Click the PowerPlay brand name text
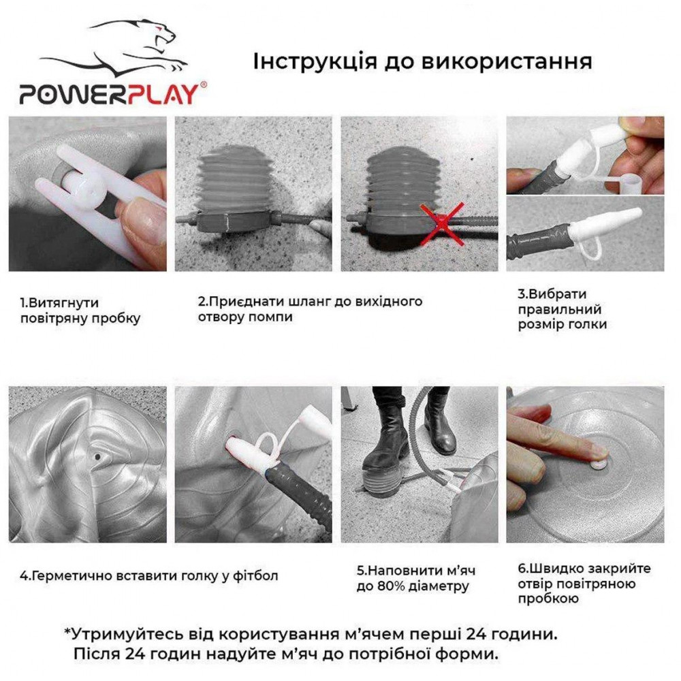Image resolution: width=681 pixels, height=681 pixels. [x=112, y=94]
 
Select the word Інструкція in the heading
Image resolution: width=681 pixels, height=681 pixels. [x=315, y=61]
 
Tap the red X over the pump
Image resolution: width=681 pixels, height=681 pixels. [x=442, y=223]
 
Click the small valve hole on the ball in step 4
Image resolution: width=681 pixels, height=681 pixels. [x=97, y=457]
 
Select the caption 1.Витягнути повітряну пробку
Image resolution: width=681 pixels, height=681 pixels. [x=80, y=311]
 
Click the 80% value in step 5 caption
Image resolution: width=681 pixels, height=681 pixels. [x=389, y=586]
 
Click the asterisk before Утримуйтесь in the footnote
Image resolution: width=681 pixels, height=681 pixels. [x=67, y=631]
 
